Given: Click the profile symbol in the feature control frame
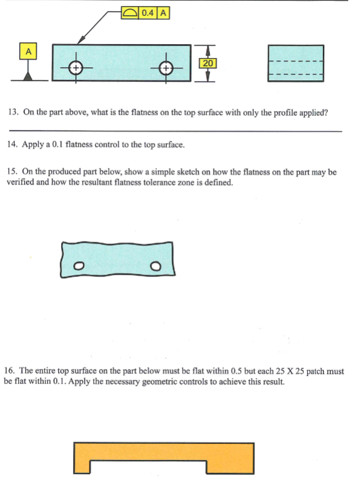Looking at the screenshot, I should (129, 12).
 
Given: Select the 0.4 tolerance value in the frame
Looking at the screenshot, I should (147, 12).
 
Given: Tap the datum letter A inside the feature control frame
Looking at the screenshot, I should (163, 12).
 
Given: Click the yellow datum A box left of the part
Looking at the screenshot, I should (27, 51).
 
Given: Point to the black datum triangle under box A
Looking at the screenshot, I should (27, 76).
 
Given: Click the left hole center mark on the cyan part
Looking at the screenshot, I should (76, 68).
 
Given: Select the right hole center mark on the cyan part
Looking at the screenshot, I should (167, 68).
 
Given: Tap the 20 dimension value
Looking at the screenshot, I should (208, 63).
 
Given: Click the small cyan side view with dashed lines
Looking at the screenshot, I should (296, 63).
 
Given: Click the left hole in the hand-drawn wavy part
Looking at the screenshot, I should (78, 265).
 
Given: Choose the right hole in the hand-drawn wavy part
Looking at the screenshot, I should (156, 265).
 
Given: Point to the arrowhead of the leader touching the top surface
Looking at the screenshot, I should (78, 42).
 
